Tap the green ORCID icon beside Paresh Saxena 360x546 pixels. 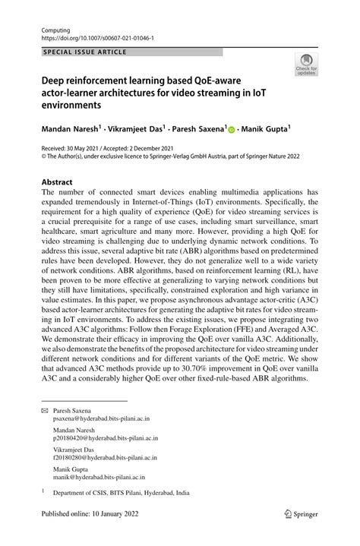(x=232, y=130)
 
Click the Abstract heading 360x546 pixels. (x=57, y=182)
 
